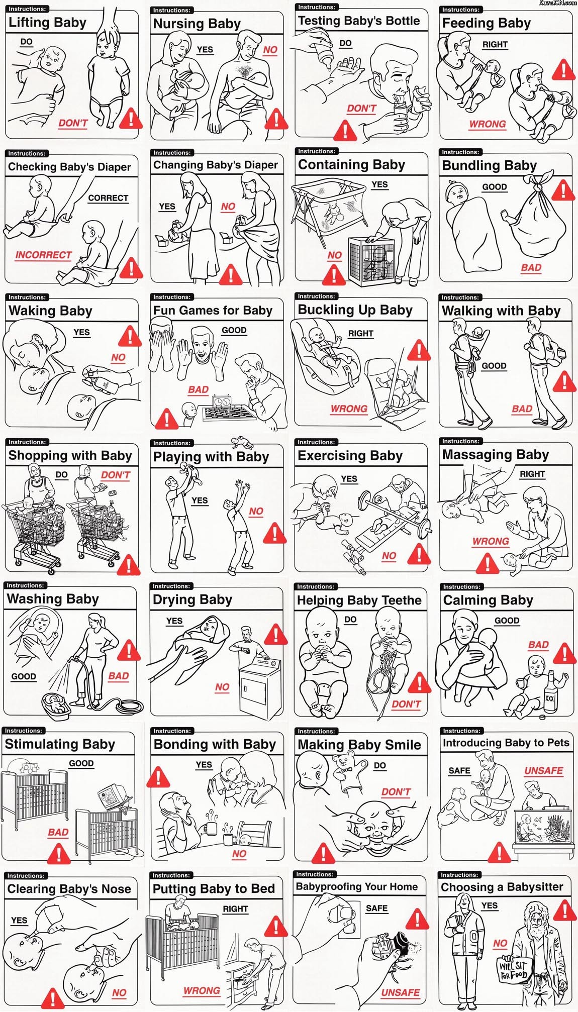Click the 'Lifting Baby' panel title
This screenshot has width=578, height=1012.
click(47, 23)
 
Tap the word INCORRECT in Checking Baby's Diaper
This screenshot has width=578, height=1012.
click(43, 255)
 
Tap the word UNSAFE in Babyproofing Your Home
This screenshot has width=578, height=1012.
click(400, 992)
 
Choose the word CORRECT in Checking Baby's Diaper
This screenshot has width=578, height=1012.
click(108, 198)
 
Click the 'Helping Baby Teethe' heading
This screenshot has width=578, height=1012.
click(359, 600)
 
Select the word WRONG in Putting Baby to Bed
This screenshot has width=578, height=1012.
click(202, 990)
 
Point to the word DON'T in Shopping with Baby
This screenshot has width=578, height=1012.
click(116, 475)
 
